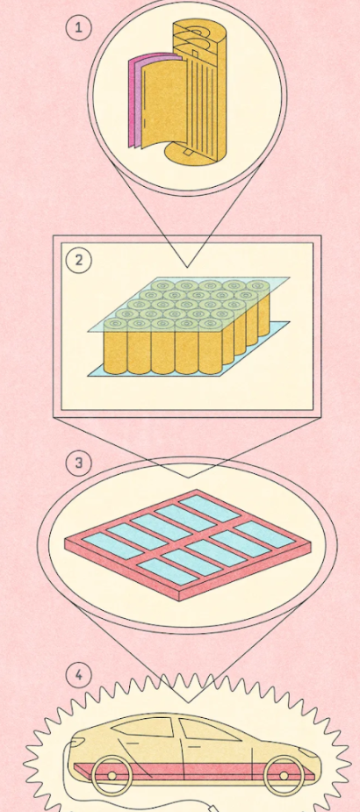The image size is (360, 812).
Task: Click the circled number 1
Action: click(78, 27)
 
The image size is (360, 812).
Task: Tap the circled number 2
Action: click(79, 260)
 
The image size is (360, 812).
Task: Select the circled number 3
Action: click(79, 463)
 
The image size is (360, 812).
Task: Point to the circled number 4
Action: click(79, 675)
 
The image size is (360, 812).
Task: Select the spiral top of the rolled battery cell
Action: click(199, 34)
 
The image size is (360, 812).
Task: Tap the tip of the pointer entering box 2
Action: click(187, 267)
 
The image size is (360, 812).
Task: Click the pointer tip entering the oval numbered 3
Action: click(188, 477)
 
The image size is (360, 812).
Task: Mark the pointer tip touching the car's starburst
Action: click(188, 702)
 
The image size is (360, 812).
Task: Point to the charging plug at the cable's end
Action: click(212, 808)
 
